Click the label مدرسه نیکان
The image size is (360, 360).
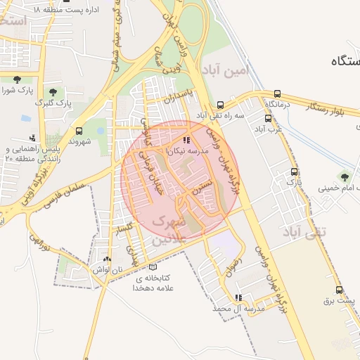[x=186, y=150]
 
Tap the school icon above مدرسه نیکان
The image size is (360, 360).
[x=186, y=140]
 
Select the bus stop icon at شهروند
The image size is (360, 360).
[x=79, y=131]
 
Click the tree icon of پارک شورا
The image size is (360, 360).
[x=15, y=79]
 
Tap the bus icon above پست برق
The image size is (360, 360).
[x=340, y=290]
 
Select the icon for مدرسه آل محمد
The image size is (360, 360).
[x=239, y=297]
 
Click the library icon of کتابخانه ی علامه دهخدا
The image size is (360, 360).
[x=153, y=266]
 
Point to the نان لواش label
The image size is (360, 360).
[x=104, y=269]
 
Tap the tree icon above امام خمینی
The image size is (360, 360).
[x=344, y=176]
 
